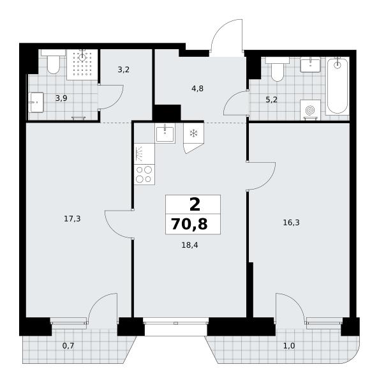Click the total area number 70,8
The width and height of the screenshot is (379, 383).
click(x=189, y=224)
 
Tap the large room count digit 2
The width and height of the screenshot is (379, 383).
click(x=195, y=204)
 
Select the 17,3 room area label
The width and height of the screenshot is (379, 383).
click(x=72, y=219)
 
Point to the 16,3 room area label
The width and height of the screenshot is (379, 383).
click(x=291, y=223)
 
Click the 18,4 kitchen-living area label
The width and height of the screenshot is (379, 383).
click(x=189, y=245)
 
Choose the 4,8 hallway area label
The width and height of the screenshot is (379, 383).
click(x=197, y=89)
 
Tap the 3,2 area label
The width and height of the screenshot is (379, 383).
click(x=124, y=70)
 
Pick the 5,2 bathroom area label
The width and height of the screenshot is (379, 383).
click(x=271, y=100)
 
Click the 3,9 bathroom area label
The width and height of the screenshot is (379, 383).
click(x=61, y=98)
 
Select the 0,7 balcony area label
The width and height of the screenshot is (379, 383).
click(x=68, y=345)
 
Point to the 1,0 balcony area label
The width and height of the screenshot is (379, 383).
click(x=289, y=346)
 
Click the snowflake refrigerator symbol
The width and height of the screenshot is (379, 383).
click(x=194, y=133)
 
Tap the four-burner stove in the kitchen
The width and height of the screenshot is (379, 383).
click(x=144, y=174)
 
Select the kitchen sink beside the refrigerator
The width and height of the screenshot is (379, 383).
click(x=165, y=133)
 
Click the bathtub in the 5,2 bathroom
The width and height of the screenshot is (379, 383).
click(x=338, y=86)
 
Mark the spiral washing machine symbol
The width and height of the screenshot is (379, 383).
click(x=310, y=110)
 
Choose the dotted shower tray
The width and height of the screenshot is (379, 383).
click(x=82, y=64)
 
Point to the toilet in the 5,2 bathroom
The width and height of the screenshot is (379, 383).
click(x=278, y=70)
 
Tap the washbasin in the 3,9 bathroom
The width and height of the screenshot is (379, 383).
click(x=36, y=102)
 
